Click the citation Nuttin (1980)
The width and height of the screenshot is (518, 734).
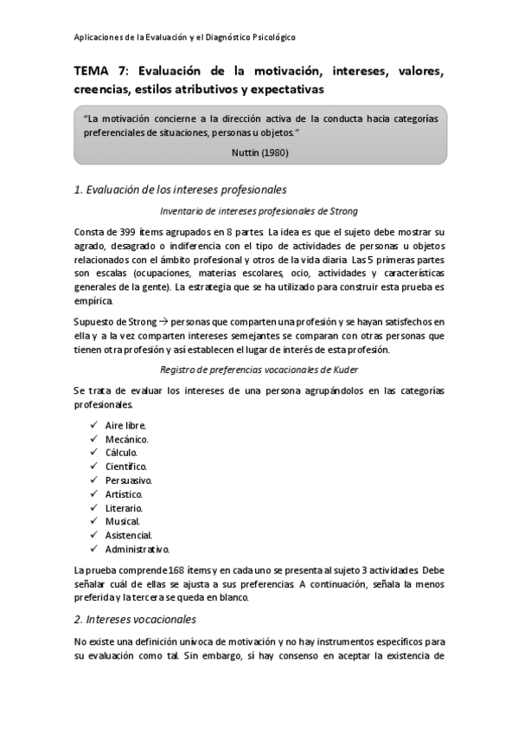coord(259,152)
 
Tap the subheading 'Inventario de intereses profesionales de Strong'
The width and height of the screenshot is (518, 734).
coord(259,211)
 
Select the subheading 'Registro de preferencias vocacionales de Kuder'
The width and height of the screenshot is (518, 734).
coord(259,370)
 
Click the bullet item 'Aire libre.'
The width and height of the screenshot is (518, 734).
coord(125,426)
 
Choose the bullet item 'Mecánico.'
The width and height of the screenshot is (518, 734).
coord(127,440)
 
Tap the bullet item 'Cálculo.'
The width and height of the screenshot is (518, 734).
coord(121,453)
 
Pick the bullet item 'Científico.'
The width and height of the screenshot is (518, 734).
coord(126,467)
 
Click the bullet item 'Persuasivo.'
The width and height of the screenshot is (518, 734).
coord(129,480)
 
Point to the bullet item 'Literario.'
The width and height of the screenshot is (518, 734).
coord(124,508)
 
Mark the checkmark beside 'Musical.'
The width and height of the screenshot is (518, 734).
coord(93,522)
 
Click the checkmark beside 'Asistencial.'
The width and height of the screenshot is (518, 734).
coord(93,536)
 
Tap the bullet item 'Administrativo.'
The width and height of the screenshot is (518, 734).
coord(137,550)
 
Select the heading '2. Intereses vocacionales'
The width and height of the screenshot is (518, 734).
coord(135,619)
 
